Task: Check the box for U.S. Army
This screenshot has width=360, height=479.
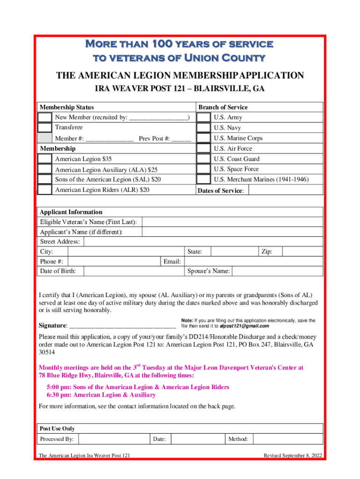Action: [203, 117]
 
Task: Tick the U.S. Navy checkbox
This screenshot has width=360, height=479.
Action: [203, 128]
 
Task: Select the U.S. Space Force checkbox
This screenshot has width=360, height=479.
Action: [203, 169]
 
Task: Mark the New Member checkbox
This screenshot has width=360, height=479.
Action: [44, 117]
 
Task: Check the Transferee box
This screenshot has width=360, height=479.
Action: [44, 127]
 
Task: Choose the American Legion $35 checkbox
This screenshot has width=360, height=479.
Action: [44, 159]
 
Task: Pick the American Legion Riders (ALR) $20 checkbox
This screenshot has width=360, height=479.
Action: [44, 189]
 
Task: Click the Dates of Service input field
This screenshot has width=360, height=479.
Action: [285, 190]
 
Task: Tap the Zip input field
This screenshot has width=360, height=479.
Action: [303, 252]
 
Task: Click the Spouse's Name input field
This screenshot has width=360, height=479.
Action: [277, 271]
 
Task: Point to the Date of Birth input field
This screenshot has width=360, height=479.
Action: [132, 271]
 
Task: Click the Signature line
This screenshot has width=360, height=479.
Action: [122, 325]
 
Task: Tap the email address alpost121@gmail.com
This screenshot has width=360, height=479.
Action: [244, 326]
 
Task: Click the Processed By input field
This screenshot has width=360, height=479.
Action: [115, 439]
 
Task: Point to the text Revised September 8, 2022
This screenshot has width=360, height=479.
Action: [292, 456]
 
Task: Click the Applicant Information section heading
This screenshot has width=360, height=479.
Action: [71, 212]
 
